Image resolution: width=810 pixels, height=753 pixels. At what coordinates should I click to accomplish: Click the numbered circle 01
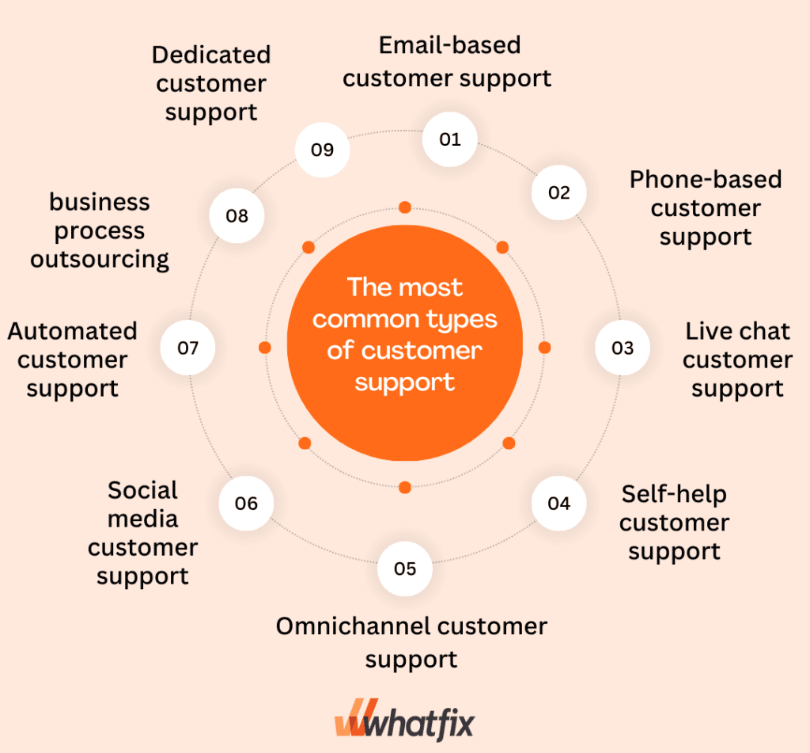pyautogui.click(x=450, y=139)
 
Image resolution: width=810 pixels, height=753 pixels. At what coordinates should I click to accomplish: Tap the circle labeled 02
pyautogui.click(x=558, y=192)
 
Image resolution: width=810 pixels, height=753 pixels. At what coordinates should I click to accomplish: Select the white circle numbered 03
pyautogui.click(x=623, y=348)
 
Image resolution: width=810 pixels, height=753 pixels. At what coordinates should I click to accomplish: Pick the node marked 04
pyautogui.click(x=558, y=503)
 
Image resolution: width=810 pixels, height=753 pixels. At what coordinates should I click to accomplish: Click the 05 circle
pyautogui.click(x=404, y=569)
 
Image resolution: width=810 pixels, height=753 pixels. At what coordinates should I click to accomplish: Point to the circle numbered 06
pyautogui.click(x=246, y=503)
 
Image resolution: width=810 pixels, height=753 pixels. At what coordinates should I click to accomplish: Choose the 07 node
pyautogui.click(x=187, y=348)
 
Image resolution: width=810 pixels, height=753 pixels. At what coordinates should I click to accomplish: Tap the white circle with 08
pyautogui.click(x=237, y=215)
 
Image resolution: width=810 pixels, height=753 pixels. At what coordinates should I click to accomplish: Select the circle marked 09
pyautogui.click(x=322, y=150)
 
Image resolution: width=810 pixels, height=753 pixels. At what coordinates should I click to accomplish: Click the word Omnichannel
pyautogui.click(x=354, y=626)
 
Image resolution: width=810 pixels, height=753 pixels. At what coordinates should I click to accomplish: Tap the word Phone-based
pyautogui.click(x=705, y=180)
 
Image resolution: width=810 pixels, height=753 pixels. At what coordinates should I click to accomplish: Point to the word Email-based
pyautogui.click(x=449, y=45)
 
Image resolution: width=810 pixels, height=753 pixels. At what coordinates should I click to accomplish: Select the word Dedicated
pyautogui.click(x=211, y=55)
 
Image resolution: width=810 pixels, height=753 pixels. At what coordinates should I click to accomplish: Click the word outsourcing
pyautogui.click(x=100, y=259)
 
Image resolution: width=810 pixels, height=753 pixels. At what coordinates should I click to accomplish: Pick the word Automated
pyautogui.click(x=72, y=331)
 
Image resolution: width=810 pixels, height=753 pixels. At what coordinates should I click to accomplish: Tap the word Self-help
pyautogui.click(x=674, y=493)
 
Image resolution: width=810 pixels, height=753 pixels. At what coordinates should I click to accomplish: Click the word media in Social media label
pyautogui.click(x=142, y=519)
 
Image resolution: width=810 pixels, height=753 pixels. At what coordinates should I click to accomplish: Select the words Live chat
pyautogui.click(x=737, y=331)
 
